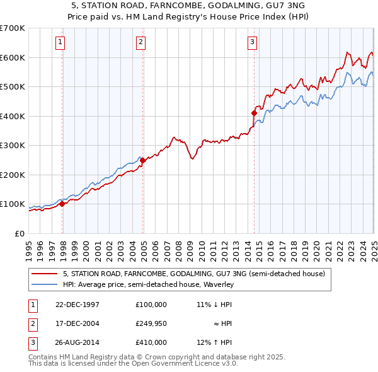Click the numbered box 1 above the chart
60,42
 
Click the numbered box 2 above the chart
140,42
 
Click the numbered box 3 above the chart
251,42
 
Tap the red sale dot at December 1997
62,204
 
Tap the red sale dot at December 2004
143,160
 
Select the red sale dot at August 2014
254,113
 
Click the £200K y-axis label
13,175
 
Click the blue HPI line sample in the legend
45,285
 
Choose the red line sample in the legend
45,274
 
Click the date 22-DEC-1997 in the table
77,304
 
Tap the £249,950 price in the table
151,323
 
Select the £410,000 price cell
151,342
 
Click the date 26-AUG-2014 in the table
77,342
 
